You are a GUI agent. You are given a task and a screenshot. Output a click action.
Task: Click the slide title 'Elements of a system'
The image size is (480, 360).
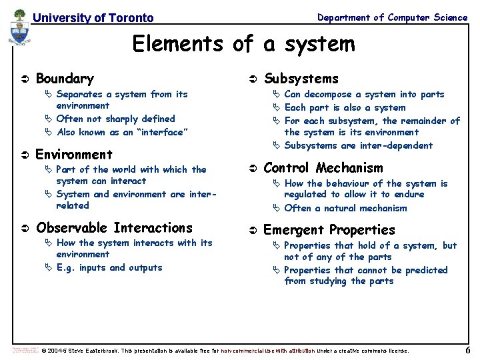243,44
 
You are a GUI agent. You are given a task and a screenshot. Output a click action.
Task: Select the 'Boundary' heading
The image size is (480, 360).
65,79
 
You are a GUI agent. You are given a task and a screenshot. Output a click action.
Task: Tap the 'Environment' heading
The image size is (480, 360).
73,155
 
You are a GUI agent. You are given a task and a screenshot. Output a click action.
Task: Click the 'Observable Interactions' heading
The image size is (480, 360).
114,228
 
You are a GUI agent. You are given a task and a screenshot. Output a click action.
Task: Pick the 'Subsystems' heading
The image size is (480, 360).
301,79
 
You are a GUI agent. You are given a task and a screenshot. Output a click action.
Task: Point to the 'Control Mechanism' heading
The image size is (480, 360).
323,168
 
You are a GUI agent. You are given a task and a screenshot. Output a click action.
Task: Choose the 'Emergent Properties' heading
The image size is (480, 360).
329,230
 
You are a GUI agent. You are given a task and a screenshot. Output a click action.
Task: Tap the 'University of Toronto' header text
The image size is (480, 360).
93,18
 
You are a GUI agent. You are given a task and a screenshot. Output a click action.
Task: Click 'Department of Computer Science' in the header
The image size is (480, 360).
392,17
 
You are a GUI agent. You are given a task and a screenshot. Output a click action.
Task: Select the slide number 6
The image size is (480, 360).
467,351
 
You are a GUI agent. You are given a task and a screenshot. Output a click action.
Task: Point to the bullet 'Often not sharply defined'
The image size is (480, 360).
115,119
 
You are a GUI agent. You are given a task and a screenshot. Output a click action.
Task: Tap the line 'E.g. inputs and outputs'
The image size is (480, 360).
109,267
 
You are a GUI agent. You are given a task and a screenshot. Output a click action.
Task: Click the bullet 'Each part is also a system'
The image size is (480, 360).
345,107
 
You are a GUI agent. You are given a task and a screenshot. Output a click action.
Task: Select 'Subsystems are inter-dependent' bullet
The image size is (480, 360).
358,145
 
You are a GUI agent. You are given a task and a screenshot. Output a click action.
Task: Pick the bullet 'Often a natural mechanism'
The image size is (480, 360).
345,208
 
